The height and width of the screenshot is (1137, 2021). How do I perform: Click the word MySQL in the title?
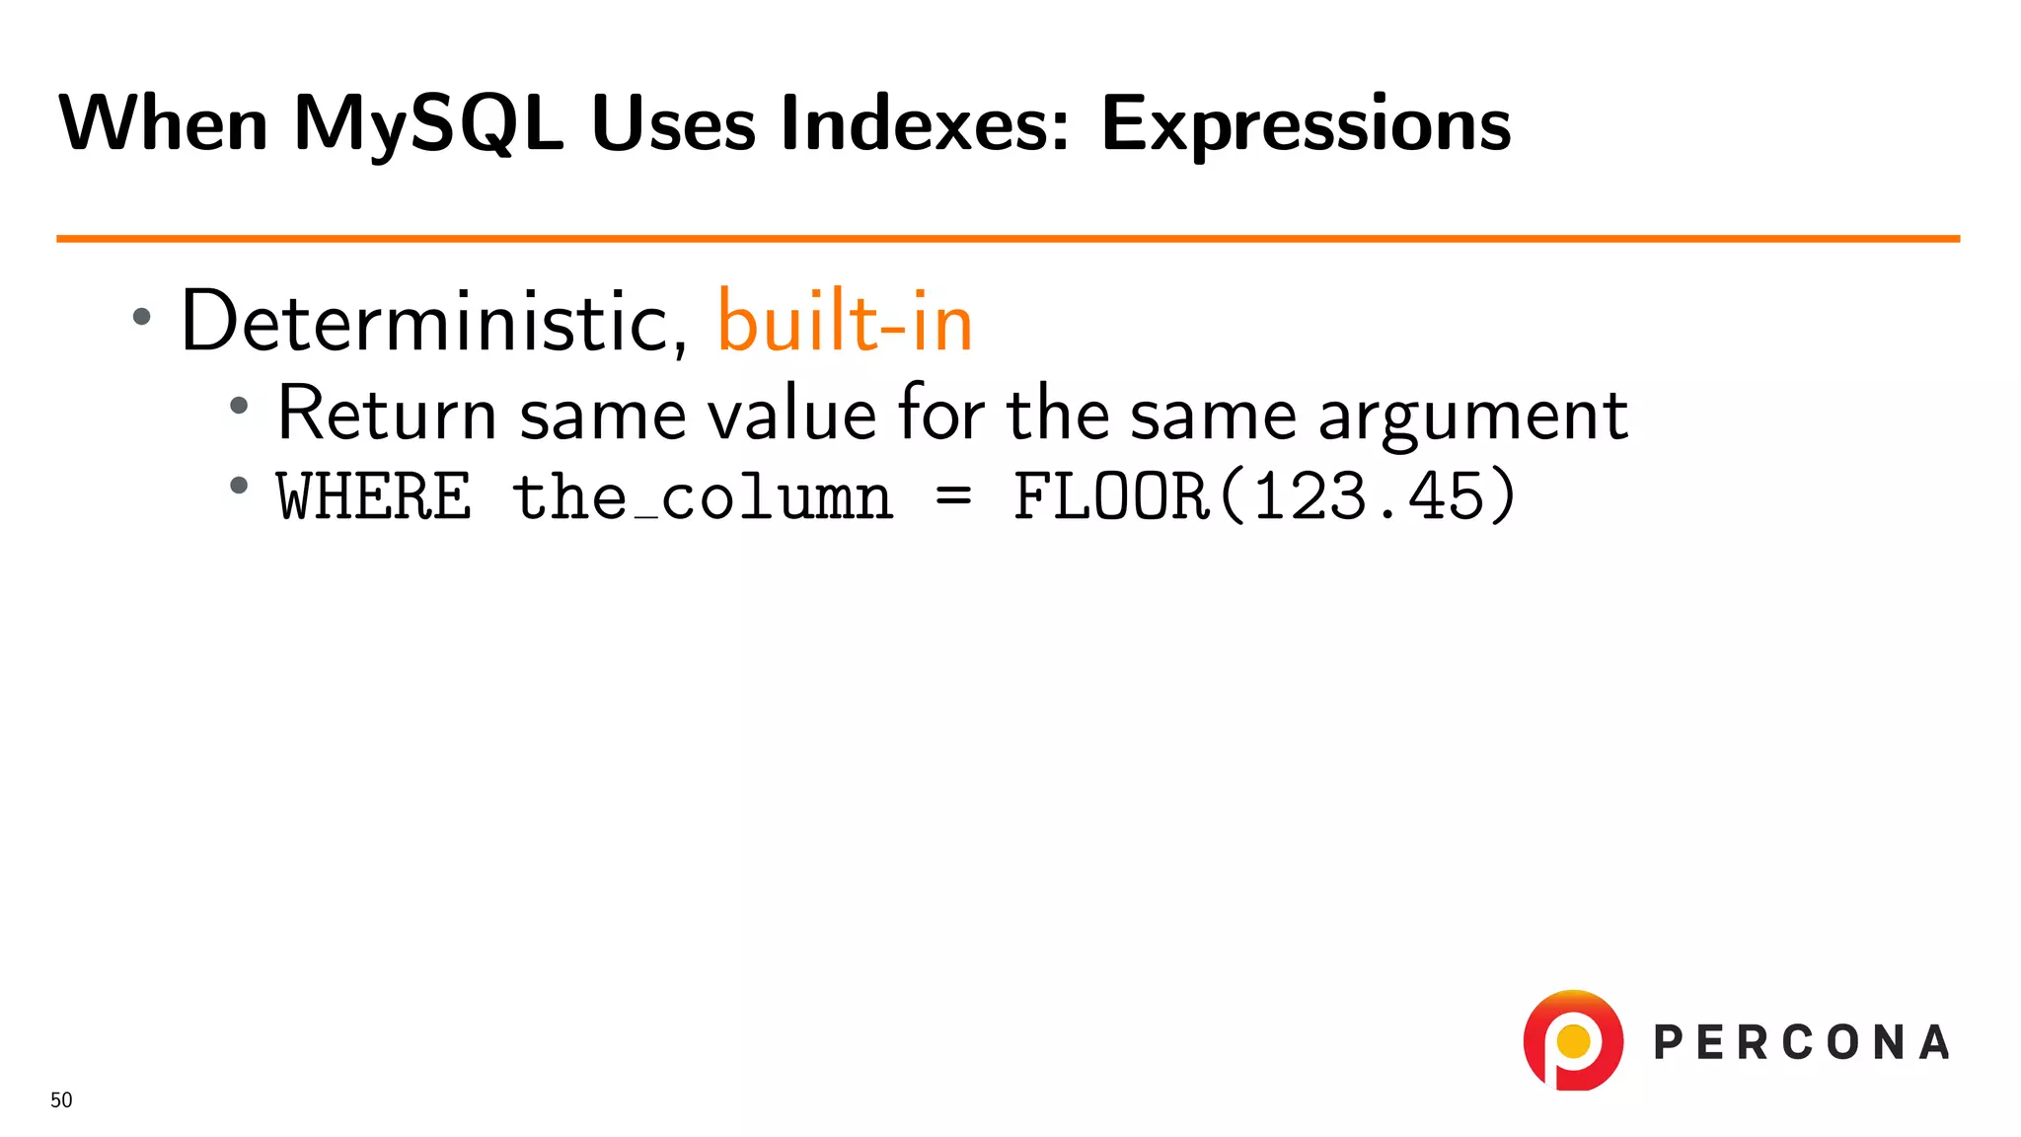point(428,125)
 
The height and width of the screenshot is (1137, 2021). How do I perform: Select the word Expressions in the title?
point(1305,125)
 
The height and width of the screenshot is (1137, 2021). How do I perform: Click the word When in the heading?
point(163,125)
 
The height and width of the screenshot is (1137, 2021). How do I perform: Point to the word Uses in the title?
point(673,125)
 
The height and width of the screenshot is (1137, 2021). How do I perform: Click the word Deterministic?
point(433,322)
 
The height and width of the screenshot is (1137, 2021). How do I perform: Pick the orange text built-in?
point(845,322)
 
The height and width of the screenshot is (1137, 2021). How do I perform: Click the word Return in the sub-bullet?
point(387,414)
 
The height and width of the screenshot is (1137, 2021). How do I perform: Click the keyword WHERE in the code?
point(374,496)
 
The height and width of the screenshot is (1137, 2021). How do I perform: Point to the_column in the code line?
point(703,496)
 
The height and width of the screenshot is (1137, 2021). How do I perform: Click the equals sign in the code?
point(953,495)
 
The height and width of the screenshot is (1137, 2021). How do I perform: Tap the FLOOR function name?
point(1111,496)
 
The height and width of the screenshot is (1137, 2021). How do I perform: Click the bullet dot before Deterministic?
point(142,317)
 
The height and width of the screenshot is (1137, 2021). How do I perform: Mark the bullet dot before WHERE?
point(239,486)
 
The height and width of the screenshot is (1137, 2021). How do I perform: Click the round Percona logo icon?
point(1573,1041)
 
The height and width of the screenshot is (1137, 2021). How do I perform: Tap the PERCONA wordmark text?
point(1801,1043)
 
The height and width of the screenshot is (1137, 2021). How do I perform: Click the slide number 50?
point(61,1100)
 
